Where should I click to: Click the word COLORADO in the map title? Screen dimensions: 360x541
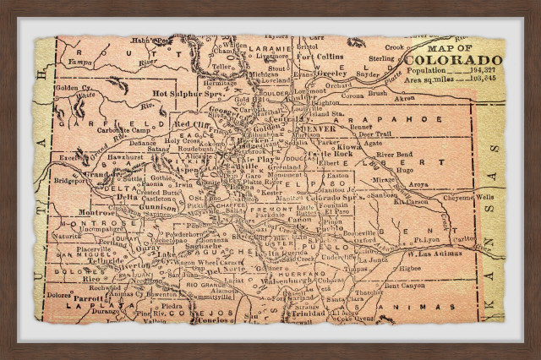tap(452, 60)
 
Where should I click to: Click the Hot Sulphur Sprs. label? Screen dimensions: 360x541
tap(186, 94)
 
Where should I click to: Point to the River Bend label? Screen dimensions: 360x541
tap(394, 155)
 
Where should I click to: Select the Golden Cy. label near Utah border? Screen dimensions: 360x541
tap(71, 87)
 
